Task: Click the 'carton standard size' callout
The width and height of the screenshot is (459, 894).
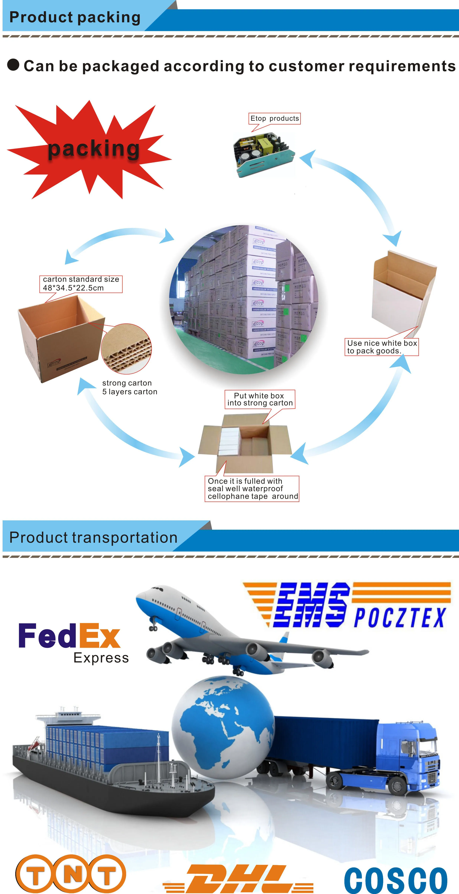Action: pos(81,284)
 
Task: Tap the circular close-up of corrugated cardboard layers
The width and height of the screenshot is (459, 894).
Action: pos(126,349)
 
